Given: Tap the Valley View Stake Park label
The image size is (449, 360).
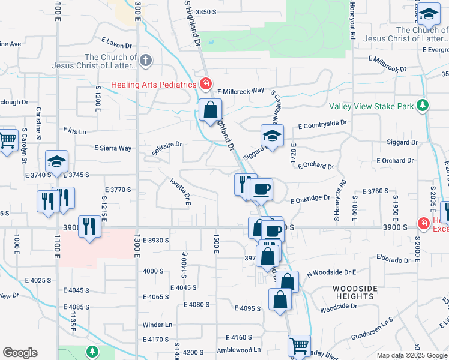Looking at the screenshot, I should (x=372, y=106).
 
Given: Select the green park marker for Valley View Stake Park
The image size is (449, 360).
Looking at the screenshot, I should (x=423, y=106).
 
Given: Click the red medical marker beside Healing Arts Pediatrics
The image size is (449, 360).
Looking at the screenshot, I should (x=206, y=83).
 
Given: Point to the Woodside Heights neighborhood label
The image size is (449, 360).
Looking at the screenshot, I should (x=355, y=292).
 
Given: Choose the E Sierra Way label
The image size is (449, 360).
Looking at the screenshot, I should (x=113, y=148).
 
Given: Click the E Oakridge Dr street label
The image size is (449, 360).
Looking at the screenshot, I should (x=310, y=198).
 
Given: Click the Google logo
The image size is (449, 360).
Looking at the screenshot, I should (x=20, y=353).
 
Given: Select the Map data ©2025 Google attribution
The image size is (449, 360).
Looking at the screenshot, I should (x=411, y=355).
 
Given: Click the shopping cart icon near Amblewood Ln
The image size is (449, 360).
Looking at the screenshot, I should (x=299, y=346).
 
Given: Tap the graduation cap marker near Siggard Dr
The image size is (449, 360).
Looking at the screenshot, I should (x=272, y=136).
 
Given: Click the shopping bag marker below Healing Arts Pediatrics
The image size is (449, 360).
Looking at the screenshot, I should (x=211, y=110).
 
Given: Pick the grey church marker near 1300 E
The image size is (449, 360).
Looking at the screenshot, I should (x=146, y=60).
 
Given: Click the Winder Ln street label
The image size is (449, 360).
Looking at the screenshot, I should (x=157, y=325).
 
